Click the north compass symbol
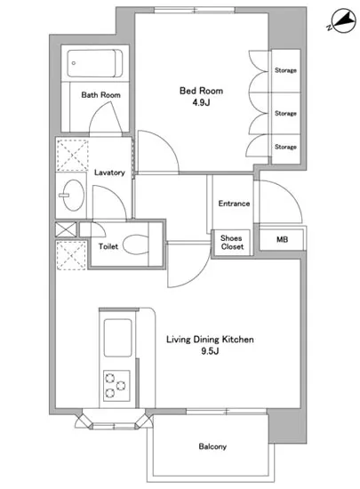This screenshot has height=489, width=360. click(x=343, y=21)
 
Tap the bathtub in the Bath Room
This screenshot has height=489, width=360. click(x=95, y=64)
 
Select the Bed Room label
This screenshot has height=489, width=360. click(x=202, y=91)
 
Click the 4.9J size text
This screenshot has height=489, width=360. click(x=201, y=102)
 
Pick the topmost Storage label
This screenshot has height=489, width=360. click(x=285, y=70)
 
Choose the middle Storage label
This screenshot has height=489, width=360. click(x=285, y=113)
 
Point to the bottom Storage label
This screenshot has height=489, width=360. click(x=285, y=147)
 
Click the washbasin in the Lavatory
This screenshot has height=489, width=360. click(x=73, y=196)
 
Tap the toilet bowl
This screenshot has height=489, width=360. click(x=136, y=244)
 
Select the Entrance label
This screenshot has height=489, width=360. click(x=234, y=204)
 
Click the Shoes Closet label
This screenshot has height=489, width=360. click(x=232, y=243)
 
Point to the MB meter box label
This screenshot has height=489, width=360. click(x=282, y=239)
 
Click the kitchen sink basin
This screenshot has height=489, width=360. click(x=117, y=338)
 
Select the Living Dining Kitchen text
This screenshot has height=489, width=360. click(x=210, y=340)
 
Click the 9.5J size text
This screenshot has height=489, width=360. click(x=210, y=351)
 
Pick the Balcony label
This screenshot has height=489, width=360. click(x=212, y=446)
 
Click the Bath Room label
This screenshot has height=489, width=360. click(x=100, y=95)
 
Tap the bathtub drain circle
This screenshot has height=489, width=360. click(x=74, y=63)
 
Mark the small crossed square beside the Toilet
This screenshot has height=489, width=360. click(x=66, y=229)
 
